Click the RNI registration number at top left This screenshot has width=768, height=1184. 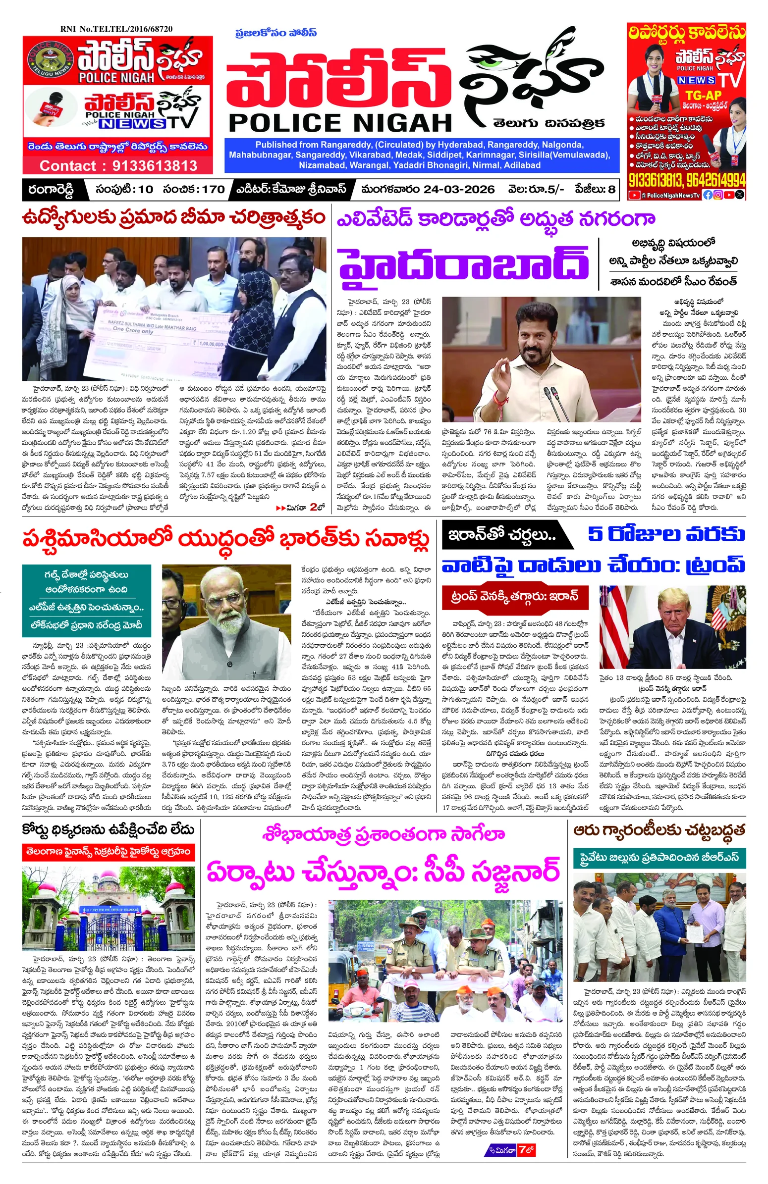tap(116, 29)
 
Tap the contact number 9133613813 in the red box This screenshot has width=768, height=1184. tap(118, 166)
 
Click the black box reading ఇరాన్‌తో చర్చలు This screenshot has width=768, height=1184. tap(502, 535)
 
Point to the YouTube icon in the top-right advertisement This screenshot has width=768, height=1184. tap(634, 196)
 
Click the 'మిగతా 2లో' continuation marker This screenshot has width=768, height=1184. tap(300, 508)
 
